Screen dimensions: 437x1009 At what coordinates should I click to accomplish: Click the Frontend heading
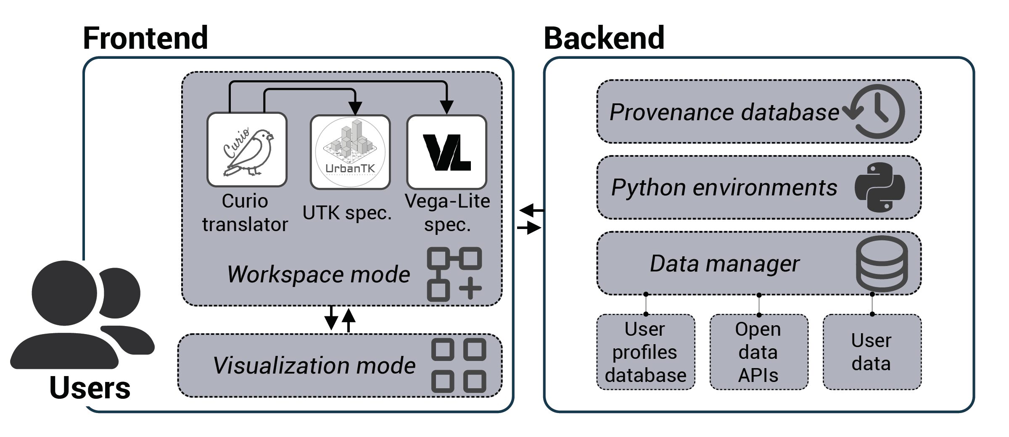click(145, 38)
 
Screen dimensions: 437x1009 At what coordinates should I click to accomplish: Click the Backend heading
click(604, 38)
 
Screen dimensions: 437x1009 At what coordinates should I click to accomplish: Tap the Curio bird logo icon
click(247, 150)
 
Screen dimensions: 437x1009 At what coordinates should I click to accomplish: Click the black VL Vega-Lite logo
click(446, 152)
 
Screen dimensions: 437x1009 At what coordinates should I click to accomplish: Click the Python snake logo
click(880, 187)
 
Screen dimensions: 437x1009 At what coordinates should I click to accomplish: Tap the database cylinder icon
click(882, 264)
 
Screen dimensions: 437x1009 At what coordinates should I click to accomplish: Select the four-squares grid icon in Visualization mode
click(459, 365)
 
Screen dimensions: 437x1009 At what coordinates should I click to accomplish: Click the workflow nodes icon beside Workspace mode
click(454, 274)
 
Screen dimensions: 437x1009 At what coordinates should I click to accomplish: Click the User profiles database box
click(645, 352)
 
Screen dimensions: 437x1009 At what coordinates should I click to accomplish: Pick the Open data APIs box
click(758, 352)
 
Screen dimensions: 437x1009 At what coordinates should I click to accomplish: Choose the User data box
click(872, 352)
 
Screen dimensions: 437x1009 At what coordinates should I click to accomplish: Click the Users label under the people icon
click(90, 388)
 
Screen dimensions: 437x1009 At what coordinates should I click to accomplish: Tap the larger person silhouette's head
click(64, 293)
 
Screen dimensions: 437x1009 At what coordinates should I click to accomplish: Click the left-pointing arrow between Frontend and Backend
click(531, 210)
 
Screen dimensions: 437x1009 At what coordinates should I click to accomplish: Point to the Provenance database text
click(724, 112)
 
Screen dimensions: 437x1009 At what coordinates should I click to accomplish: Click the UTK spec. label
click(347, 213)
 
